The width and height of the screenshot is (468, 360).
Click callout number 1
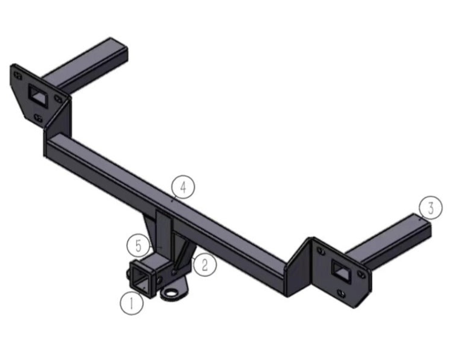pos(132,303)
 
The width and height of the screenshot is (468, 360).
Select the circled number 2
pos(204,265)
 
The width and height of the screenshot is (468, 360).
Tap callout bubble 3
pos(430,207)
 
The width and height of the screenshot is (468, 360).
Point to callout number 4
pos(183,187)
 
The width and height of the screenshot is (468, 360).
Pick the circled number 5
pos(138,245)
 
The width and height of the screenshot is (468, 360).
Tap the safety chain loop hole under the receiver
pos(171,292)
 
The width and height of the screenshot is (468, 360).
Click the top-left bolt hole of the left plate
pos(18,74)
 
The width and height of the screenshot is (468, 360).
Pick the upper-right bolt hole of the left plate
pos(57,98)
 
